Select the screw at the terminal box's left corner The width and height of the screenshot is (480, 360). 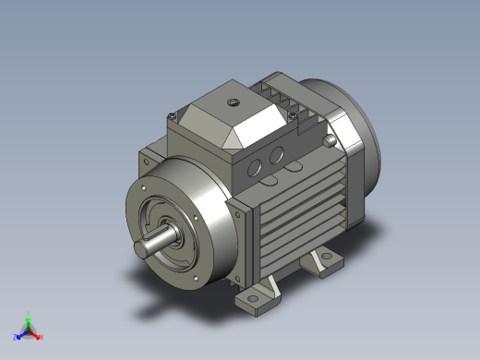(x=173, y=115)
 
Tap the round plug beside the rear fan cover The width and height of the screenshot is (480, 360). (x=330, y=140)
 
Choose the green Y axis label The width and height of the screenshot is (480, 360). (x=30, y=313)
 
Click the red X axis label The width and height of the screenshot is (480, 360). (x=42, y=336)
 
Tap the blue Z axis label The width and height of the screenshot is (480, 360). (x=16, y=337)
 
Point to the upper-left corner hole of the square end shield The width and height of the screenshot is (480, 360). (x=143, y=162)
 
